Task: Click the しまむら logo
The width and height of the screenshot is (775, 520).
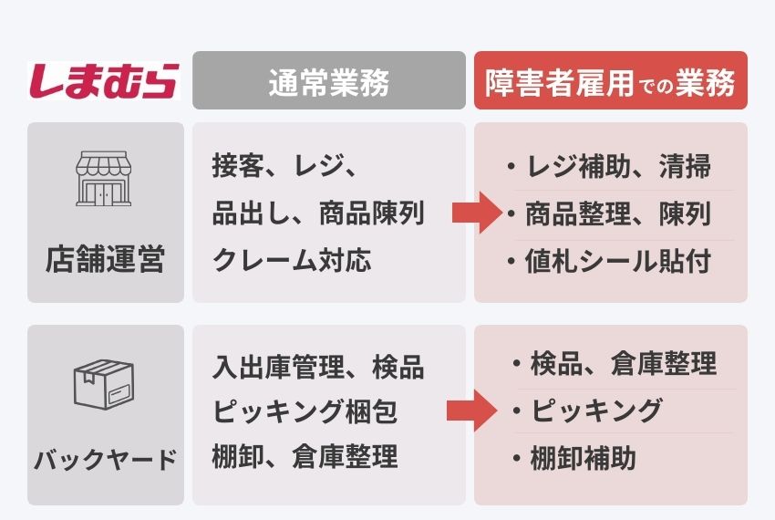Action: point(104,80)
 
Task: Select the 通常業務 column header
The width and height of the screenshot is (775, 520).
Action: point(328,80)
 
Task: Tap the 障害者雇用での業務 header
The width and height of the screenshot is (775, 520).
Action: point(610,80)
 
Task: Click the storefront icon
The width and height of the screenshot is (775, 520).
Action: point(104,179)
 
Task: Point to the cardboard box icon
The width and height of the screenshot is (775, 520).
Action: point(104,384)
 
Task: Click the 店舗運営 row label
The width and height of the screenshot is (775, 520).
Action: point(105,259)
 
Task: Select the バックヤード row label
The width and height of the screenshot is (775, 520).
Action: point(105,459)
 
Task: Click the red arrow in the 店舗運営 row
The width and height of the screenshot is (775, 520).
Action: point(478,213)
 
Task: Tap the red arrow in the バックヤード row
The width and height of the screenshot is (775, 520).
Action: point(472,411)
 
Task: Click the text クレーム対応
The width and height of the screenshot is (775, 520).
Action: point(292,260)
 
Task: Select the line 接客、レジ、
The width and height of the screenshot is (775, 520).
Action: point(284,165)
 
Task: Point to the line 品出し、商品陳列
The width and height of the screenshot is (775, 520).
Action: point(318,213)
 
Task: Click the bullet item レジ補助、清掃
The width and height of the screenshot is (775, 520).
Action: point(609,166)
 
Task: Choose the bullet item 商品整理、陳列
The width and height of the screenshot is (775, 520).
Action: point(609,213)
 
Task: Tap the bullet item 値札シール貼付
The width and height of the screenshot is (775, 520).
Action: point(609,261)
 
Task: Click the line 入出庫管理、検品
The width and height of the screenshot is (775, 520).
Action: point(318,367)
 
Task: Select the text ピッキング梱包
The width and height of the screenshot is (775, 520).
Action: point(305,411)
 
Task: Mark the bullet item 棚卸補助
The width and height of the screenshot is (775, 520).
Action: point(574,458)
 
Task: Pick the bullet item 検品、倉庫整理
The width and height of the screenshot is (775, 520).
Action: point(615,363)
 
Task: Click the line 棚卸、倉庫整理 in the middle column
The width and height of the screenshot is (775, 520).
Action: point(305,456)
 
